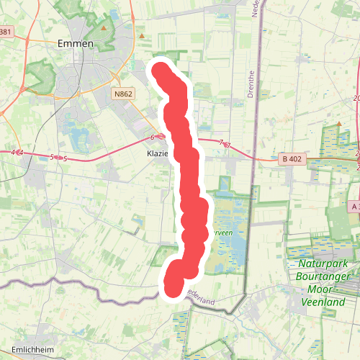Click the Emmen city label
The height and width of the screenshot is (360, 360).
coord(75,44)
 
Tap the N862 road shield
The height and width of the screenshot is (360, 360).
coord(123,94)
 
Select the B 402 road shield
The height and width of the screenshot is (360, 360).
coord(290,158)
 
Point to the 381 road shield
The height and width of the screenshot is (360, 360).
coord(6,32)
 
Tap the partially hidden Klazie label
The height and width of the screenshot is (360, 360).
coord(156,154)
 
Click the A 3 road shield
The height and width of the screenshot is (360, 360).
coord(353,207)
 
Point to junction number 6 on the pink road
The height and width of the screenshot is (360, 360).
coord(153,136)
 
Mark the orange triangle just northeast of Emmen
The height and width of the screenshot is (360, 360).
coord(104,28)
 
